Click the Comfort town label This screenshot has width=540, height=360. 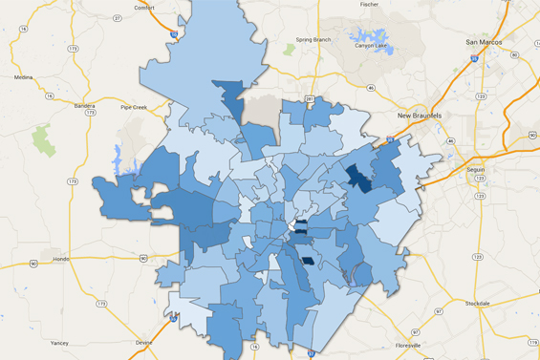143,8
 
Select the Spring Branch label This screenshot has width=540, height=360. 313,39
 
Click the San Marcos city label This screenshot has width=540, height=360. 485,42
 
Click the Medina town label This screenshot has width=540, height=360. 23,77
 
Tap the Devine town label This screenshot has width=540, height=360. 143,341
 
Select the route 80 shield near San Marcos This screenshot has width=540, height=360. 514,54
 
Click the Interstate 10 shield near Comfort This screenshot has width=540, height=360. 173,34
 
